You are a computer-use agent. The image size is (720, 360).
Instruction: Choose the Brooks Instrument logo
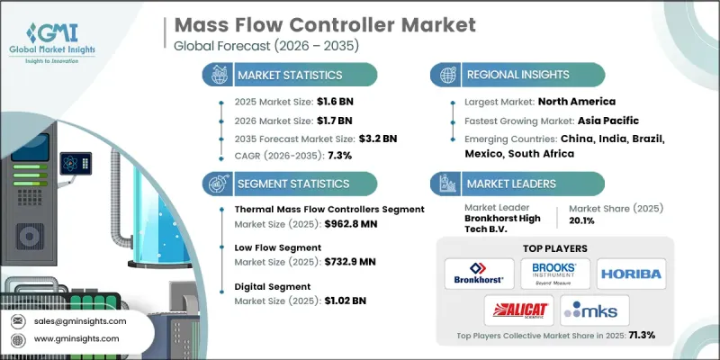click(x=555, y=273)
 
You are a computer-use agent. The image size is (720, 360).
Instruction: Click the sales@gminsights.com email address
click(x=81, y=320)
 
